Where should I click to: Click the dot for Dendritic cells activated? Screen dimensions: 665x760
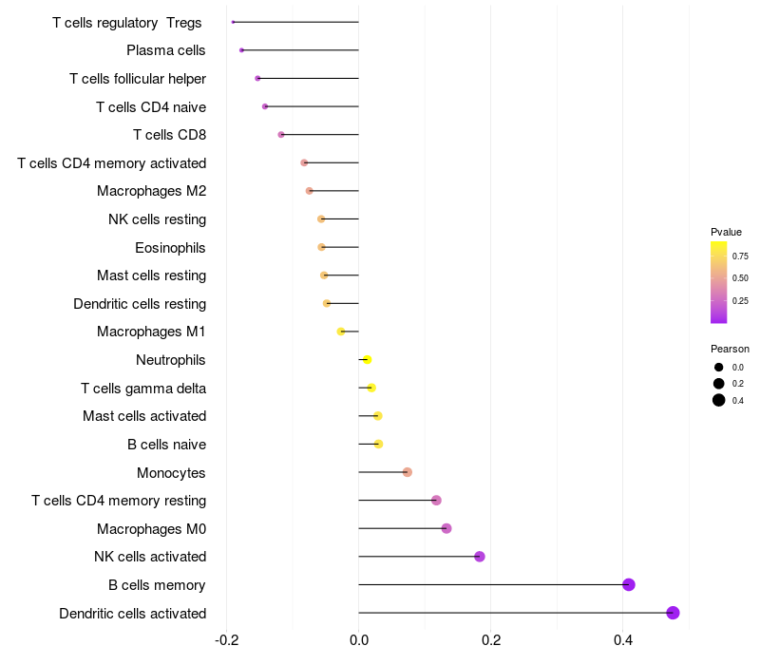tap(674, 613)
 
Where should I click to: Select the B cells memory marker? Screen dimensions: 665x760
tap(629, 584)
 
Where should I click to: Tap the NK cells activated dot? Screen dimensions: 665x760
tap(480, 557)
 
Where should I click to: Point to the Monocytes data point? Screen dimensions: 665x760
tap(408, 472)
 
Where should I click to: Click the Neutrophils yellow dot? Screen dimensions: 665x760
tap(368, 359)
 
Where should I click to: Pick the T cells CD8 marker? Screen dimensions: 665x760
tap(281, 135)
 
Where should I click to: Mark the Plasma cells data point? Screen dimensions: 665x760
tap(242, 50)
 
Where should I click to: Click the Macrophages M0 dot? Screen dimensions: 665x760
tap(446, 528)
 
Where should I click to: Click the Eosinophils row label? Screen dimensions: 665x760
tap(171, 248)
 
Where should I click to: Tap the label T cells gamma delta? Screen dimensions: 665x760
tap(143, 389)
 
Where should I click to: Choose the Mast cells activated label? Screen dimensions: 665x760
tap(144, 416)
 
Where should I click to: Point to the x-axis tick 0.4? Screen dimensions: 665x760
tap(622, 640)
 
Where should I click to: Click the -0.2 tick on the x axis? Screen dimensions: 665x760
tap(226, 640)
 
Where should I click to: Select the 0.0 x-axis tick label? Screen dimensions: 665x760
tap(359, 640)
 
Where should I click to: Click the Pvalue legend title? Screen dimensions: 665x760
tap(726, 232)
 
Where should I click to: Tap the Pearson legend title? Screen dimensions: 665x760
tap(730, 349)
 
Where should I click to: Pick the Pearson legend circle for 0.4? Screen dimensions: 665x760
tap(719, 400)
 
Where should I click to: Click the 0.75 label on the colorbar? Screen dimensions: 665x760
tap(740, 256)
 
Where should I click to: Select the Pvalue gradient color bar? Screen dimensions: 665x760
tap(719, 282)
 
